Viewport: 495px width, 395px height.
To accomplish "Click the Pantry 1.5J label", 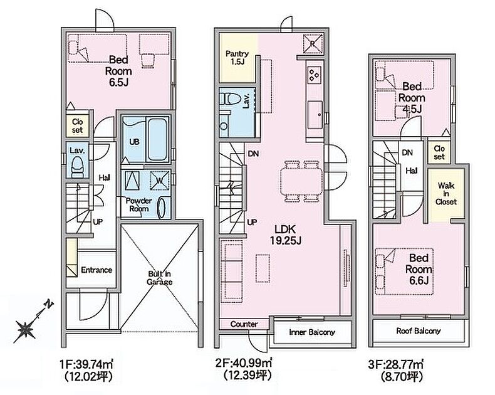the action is click(x=237, y=58).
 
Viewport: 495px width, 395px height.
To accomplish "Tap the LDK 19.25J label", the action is click(x=285, y=234).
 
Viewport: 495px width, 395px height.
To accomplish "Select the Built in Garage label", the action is click(x=160, y=278).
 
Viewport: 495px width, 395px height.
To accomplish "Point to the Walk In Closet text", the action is click(x=446, y=193).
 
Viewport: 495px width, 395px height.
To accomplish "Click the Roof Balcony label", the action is click(x=419, y=331).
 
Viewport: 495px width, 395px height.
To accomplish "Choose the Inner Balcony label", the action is click(x=312, y=332).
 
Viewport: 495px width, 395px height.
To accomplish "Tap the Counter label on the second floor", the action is click(x=244, y=324).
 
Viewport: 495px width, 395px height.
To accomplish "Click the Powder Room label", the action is click(x=139, y=205).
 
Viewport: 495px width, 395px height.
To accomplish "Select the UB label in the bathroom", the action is click(x=134, y=142).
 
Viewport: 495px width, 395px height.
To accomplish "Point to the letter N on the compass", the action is click(x=49, y=305).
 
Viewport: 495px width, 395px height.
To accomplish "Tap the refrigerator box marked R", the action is click(x=313, y=43).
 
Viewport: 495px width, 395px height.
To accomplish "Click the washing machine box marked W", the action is click(x=160, y=181).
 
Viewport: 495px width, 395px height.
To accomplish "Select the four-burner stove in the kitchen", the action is click(x=315, y=75).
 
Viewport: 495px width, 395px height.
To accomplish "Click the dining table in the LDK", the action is click(x=301, y=181).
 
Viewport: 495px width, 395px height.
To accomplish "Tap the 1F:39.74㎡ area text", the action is click(x=86, y=365).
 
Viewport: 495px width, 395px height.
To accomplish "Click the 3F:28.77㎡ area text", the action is click(x=395, y=365).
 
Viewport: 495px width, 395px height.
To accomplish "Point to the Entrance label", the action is click(x=96, y=270).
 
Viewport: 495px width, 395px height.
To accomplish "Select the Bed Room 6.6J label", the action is click(x=419, y=269).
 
